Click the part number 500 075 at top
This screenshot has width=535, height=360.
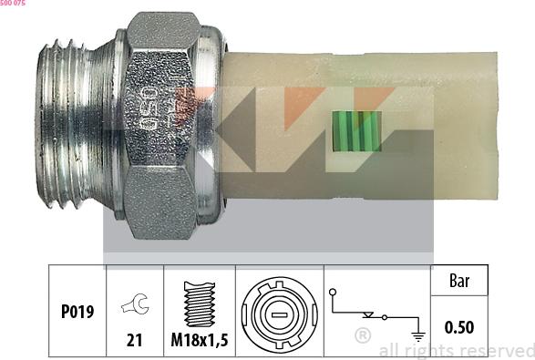click(13, 4)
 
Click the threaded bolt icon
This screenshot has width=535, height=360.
click(199, 301)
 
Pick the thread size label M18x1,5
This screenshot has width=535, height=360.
click(199, 343)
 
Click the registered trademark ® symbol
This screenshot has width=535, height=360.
click(362, 336)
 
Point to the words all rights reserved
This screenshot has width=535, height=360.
click(456, 350)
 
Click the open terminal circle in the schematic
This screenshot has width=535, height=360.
click(334, 293)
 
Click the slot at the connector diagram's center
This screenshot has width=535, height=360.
click(280, 314)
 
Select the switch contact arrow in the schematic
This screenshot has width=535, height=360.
click(369, 314)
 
